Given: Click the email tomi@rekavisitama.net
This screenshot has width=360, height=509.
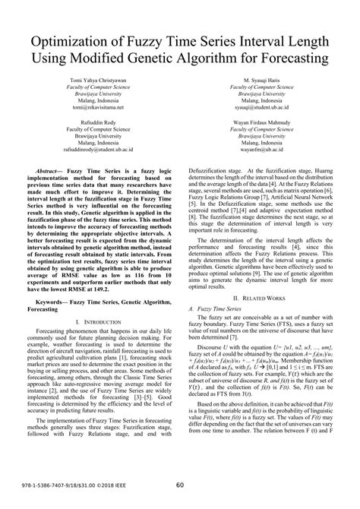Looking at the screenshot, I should pos(97,107).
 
